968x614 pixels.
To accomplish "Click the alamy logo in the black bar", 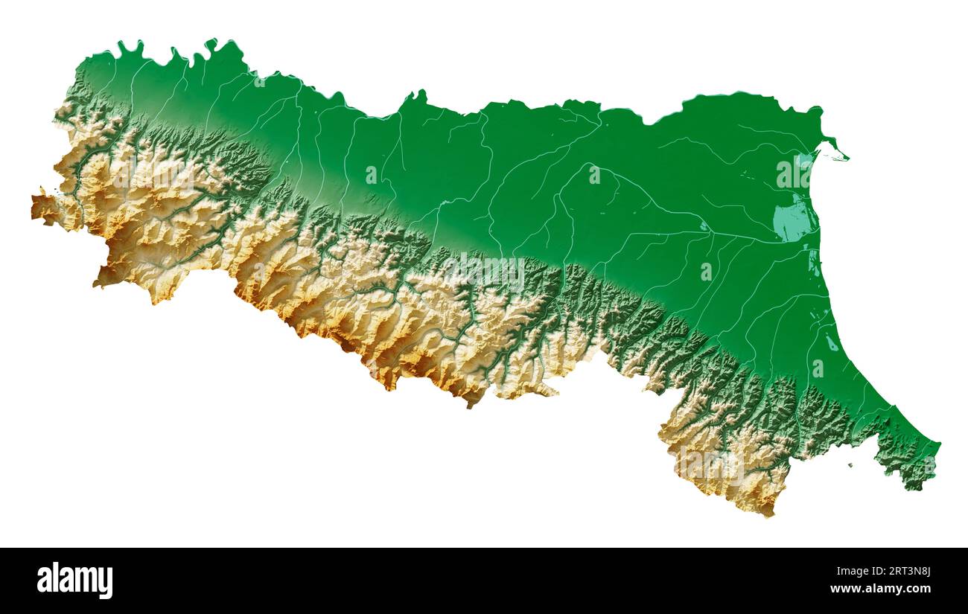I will click(74, 581).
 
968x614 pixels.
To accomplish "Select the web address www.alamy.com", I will click(880, 589).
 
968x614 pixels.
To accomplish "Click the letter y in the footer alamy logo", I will click(106, 583).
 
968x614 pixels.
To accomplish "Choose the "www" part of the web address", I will click(842, 589).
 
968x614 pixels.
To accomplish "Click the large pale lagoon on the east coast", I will click(792, 221).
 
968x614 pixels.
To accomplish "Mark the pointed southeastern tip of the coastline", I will click(937, 446).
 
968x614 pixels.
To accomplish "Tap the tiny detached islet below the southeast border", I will click(850, 466).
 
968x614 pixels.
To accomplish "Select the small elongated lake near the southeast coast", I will click(830, 343).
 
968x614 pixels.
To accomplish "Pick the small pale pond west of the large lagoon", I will click(703, 226).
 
